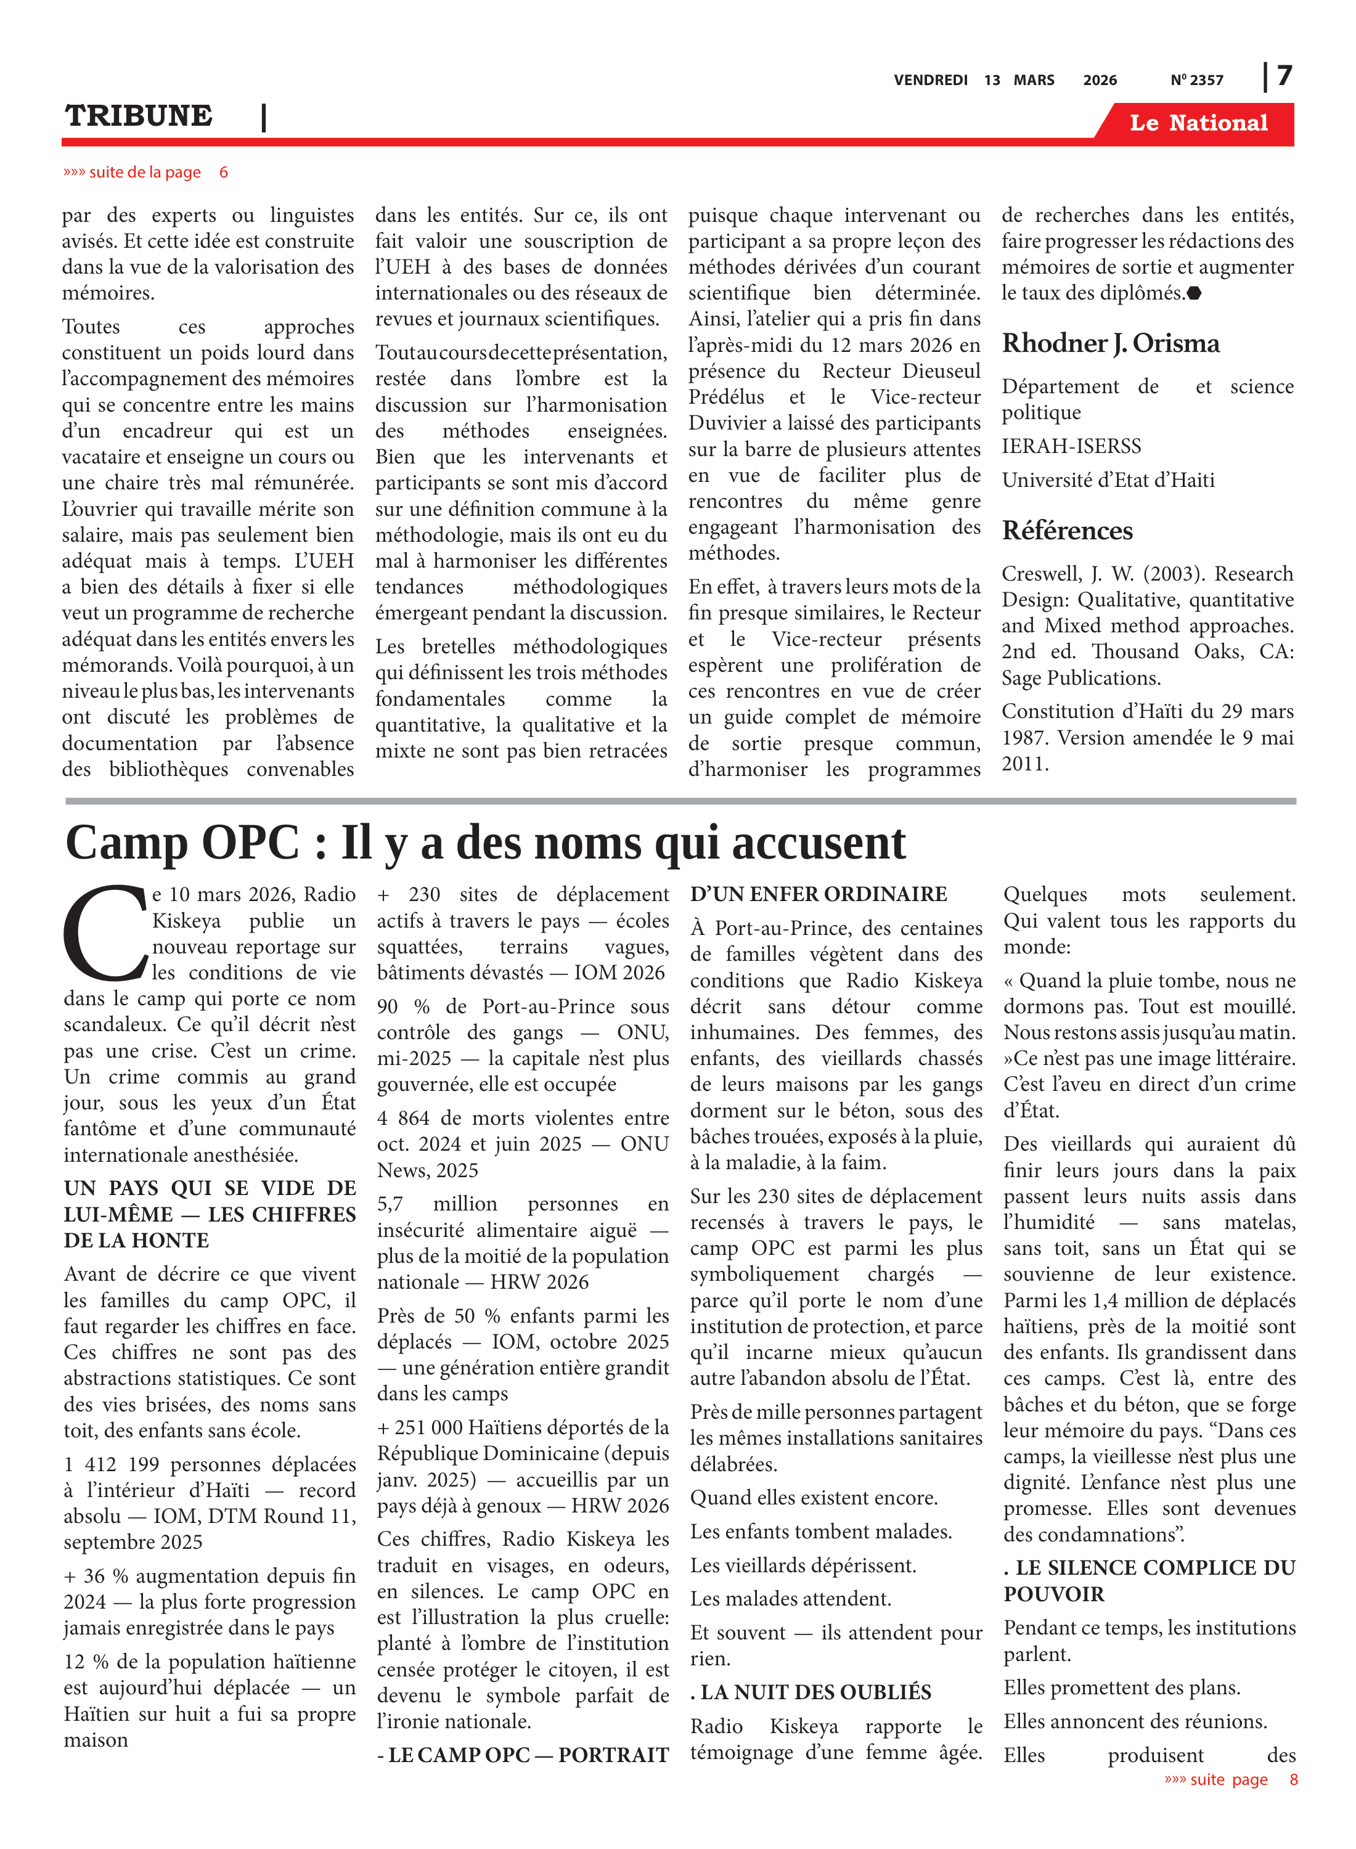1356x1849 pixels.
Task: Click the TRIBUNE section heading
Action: pyautogui.click(x=139, y=116)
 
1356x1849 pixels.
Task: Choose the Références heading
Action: pyautogui.click(x=1066, y=531)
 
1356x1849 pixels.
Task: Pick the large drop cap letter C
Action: pyautogui.click(x=105, y=933)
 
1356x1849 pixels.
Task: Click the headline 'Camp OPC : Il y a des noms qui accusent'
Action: pyautogui.click(x=485, y=843)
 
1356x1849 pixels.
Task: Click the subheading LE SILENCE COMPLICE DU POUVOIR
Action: pyautogui.click(x=1148, y=1581)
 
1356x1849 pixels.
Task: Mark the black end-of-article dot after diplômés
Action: pyautogui.click(x=1195, y=293)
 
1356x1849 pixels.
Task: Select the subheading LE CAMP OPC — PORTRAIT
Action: pyautogui.click(x=523, y=1755)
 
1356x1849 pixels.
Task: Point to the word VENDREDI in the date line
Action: pyautogui.click(x=930, y=80)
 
